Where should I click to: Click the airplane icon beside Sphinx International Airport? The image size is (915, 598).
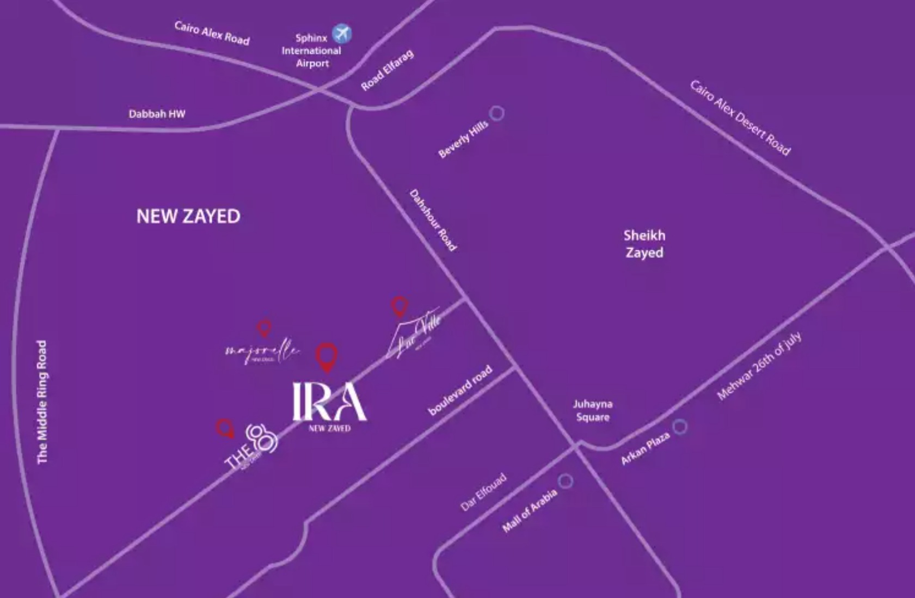pos(342,34)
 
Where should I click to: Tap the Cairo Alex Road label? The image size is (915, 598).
pos(212,33)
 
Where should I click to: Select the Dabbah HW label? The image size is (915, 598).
pos(157,114)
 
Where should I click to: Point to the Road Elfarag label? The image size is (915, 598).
pos(387,71)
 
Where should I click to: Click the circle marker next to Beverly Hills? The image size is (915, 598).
pos(496,113)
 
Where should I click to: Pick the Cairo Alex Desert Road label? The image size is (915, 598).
pos(740,118)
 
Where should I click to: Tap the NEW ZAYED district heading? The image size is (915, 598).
pos(188,216)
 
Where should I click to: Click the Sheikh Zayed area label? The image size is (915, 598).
pos(644,244)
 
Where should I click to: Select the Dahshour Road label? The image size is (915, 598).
pos(433,220)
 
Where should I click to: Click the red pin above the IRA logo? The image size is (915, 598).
pos(327,356)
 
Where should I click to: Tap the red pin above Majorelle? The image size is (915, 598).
pos(264,328)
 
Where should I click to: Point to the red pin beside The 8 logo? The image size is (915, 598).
pos(225,428)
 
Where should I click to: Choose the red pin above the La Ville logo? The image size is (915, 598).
pos(400,306)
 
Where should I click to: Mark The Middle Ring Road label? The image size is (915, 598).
pos(42,402)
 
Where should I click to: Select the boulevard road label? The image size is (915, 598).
pos(460,390)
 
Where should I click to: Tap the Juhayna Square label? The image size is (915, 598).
pos(593,410)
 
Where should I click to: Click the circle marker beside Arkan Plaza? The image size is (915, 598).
pos(679,427)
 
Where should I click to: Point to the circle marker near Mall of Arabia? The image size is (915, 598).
pos(566,481)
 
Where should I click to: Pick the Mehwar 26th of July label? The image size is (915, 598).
pos(759,366)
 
